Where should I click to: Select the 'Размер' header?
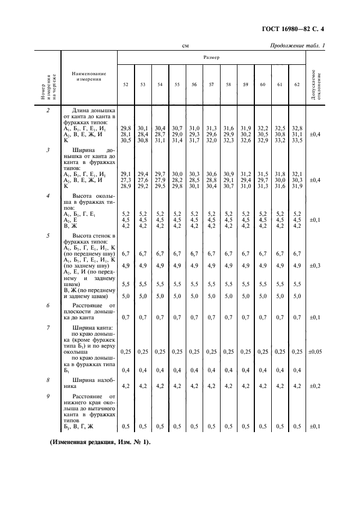click(x=212, y=57)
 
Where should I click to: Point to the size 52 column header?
click(x=126, y=84)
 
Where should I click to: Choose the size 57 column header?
click(x=211, y=84)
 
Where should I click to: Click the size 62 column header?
click(x=297, y=84)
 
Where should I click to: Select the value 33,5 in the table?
click(x=297, y=141)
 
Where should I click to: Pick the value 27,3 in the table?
click(x=126, y=179)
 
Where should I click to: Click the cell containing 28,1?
click(x=126, y=134)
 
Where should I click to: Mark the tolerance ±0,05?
click(x=315, y=351)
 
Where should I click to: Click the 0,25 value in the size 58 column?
click(x=228, y=351)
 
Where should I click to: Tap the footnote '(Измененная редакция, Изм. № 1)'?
click(x=100, y=442)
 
